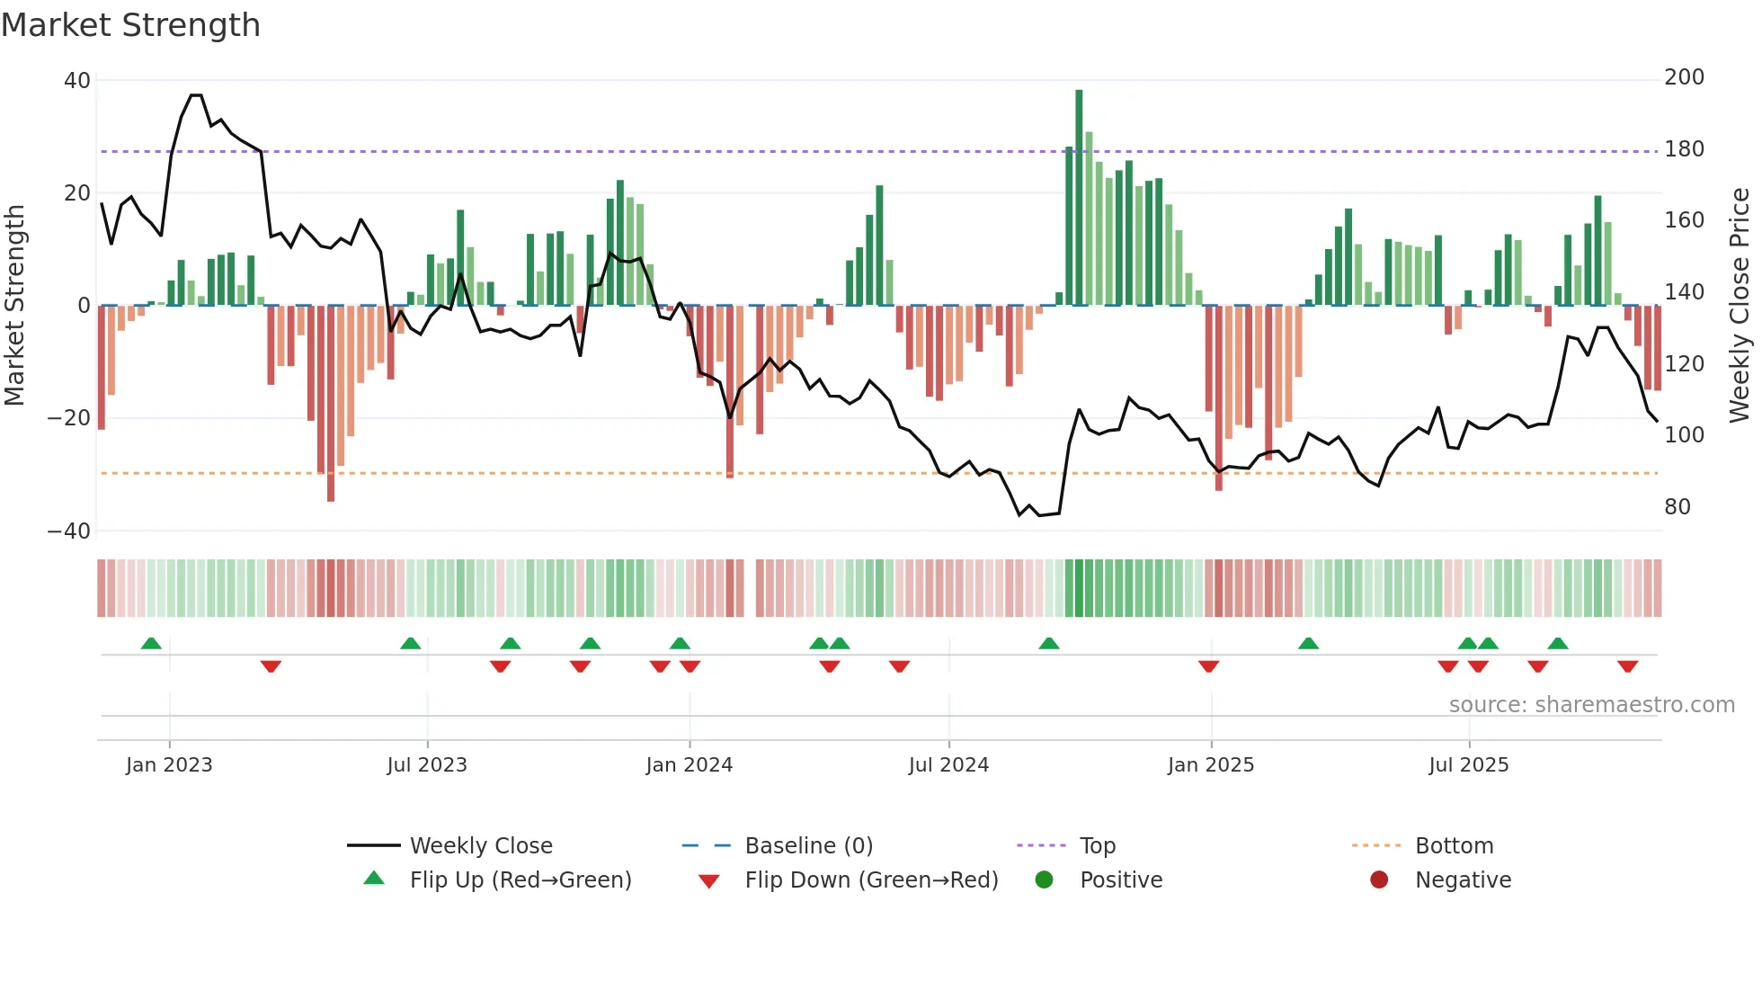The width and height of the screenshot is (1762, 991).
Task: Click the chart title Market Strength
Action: (131, 25)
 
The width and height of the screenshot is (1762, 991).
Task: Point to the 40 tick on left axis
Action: (77, 81)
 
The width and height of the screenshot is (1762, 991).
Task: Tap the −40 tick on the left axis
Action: (69, 531)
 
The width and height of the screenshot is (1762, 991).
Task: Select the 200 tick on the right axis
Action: (1684, 77)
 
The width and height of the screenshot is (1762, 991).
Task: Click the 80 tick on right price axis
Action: (1677, 507)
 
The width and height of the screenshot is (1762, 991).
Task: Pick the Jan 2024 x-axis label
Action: (690, 765)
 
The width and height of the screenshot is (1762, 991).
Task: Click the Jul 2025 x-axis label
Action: (1469, 765)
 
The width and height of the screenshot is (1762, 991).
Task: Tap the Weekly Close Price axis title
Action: (1740, 306)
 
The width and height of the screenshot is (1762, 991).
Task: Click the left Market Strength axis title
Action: (15, 306)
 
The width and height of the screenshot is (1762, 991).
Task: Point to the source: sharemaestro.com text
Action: (1591, 705)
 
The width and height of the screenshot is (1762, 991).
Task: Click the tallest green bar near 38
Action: (1079, 198)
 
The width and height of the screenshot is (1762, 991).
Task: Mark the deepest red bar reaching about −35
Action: (331, 405)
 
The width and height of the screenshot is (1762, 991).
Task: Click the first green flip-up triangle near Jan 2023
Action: (151, 643)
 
